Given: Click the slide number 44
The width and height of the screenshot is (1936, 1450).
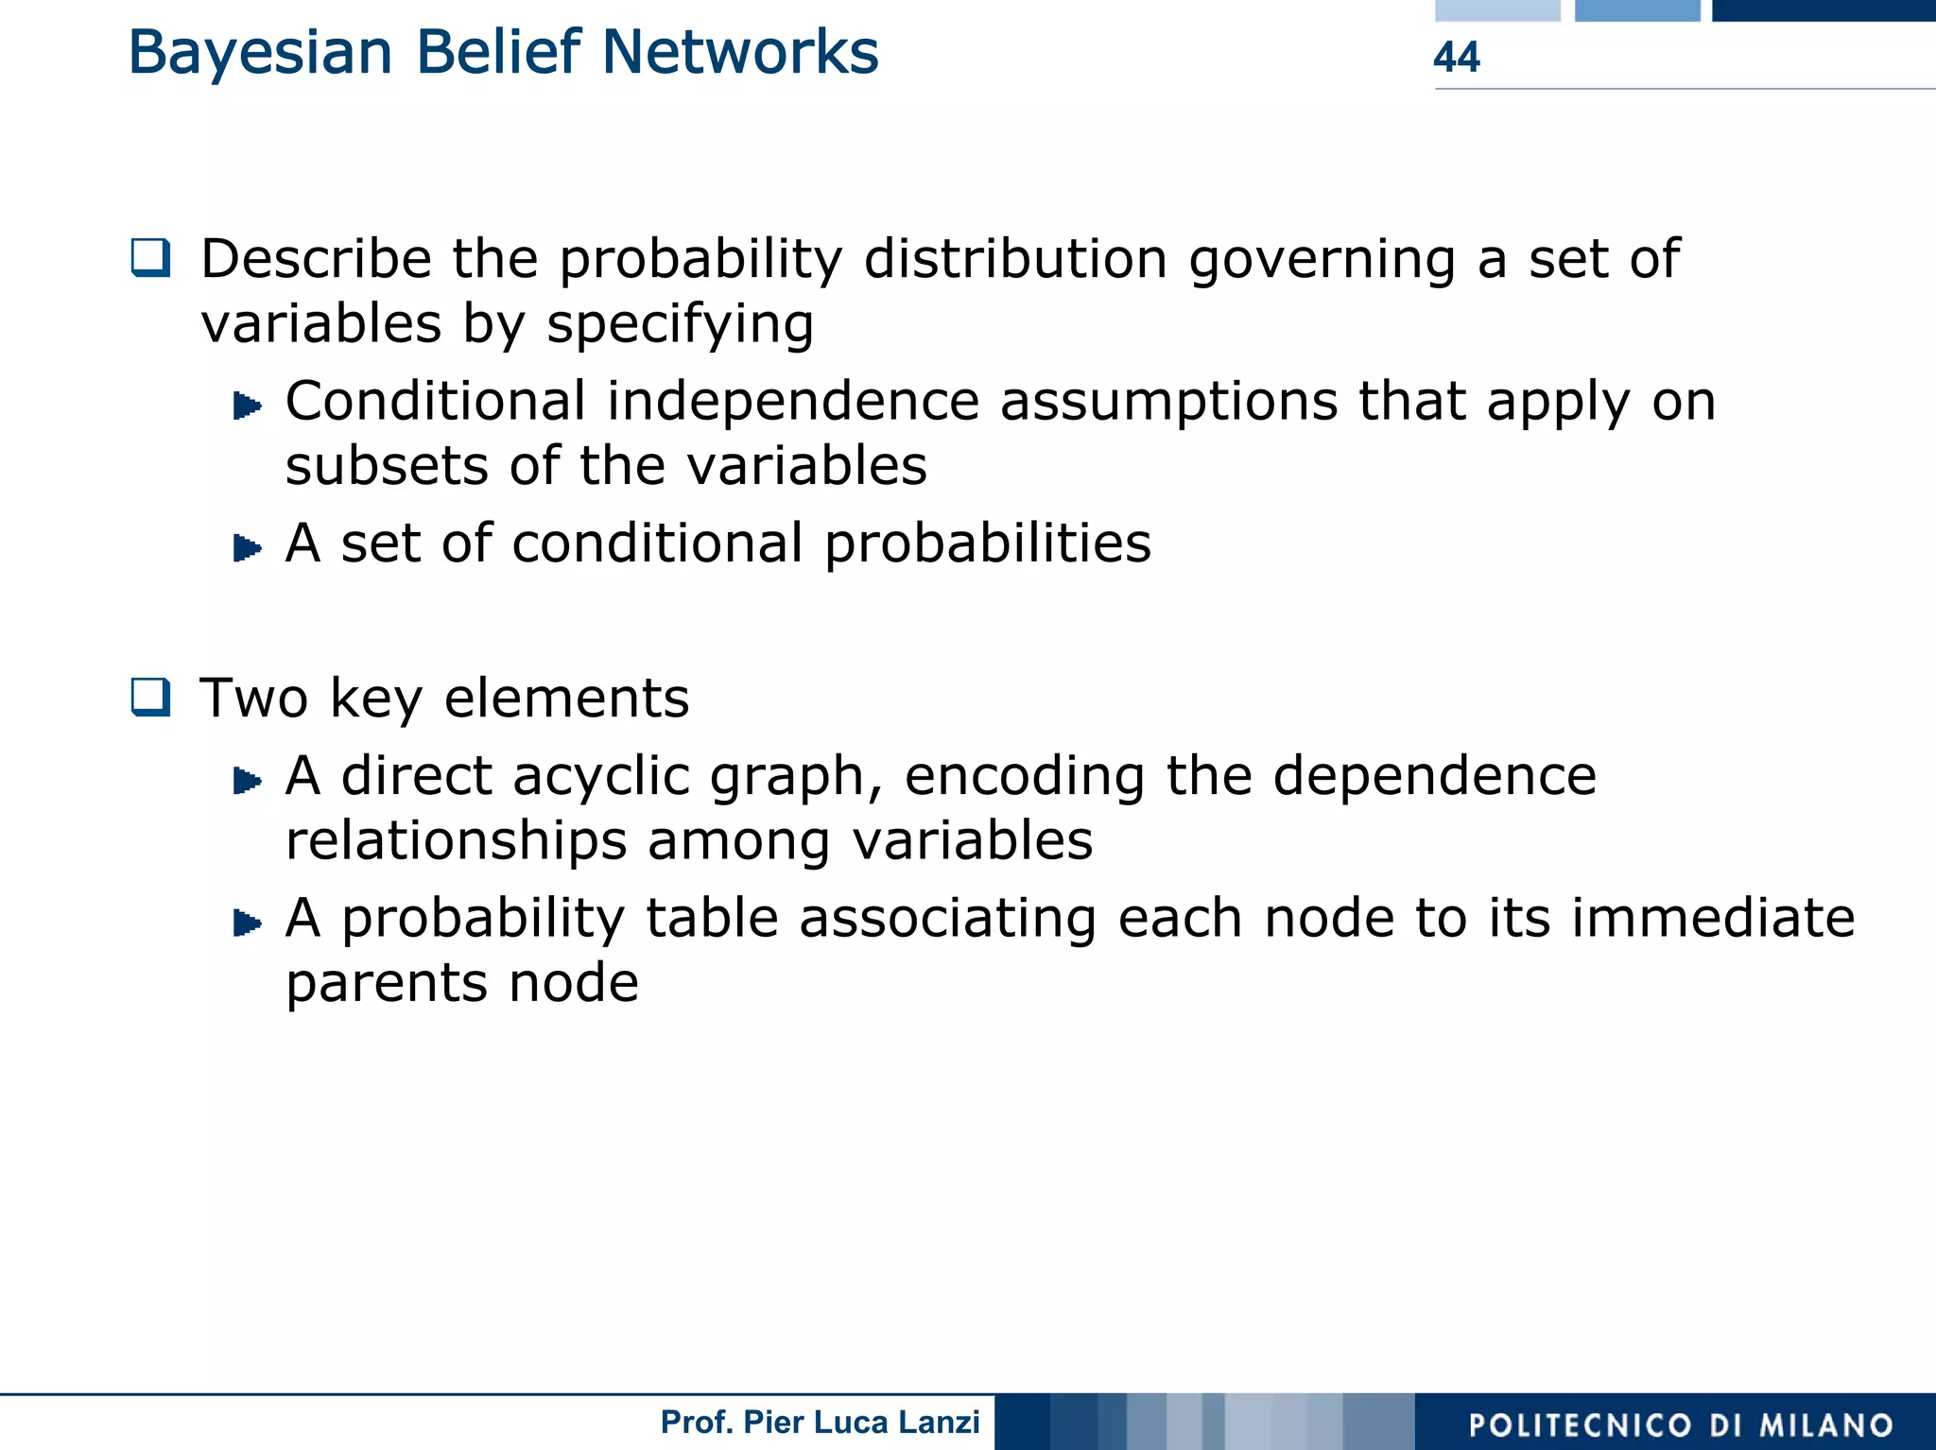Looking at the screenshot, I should pos(1456,57).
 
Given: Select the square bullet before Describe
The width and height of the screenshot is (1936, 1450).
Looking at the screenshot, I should pos(151,258).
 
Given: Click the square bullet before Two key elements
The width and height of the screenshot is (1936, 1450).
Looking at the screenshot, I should pos(151,698).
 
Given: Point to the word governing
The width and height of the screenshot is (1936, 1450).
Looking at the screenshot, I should pos(1322,260).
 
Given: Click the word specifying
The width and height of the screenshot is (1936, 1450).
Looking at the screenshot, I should pos(680,324).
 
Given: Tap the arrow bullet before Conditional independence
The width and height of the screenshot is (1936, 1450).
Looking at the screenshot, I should pos(247,406).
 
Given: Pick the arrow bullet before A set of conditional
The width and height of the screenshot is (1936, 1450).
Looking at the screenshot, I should pos(247,547).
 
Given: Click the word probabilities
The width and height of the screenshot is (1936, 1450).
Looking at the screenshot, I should pos(988,544).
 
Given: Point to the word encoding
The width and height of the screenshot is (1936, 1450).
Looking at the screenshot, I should pos(1024,778).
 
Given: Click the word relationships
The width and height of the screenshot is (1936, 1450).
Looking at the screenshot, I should pos(456,840).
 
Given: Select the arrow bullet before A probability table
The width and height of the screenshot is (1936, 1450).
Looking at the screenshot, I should pos(247,923).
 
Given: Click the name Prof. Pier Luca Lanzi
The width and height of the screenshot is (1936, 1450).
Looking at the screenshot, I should pos(820,1422).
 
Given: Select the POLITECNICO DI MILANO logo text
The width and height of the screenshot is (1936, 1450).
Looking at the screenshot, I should pos(1680,1424).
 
